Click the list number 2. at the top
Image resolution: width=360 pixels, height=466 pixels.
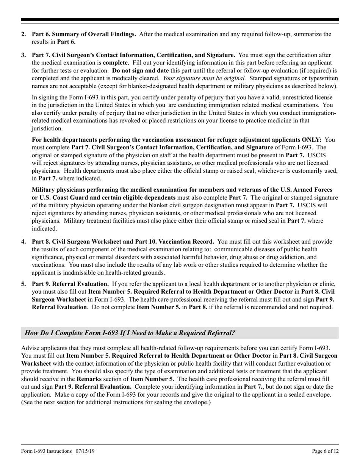point(23,34)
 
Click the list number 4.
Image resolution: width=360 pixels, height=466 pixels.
point(23,241)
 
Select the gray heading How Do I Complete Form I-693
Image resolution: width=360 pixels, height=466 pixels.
point(130,333)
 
